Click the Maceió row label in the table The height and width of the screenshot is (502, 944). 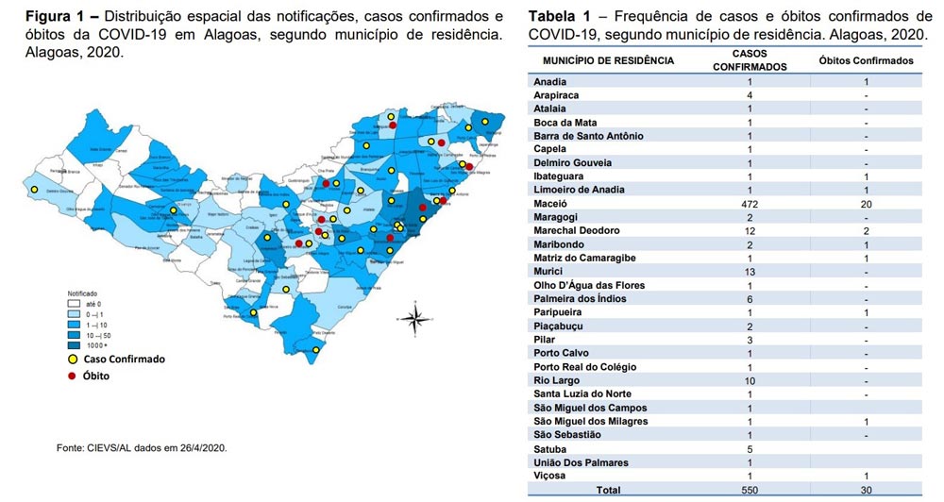coord(551,203)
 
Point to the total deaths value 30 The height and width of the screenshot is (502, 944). coord(866,491)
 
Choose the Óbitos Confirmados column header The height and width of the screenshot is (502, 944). coord(866,60)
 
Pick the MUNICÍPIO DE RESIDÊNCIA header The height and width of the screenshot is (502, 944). coord(608,60)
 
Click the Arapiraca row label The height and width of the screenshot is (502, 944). coord(556,94)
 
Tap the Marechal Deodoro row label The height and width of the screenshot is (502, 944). coord(576,230)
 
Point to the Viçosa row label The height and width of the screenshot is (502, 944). coord(550,477)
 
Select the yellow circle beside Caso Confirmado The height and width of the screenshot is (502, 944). coord(71,360)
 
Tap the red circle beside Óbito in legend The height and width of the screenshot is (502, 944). coord(71,375)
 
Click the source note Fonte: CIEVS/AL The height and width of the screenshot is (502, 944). coord(142,447)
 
